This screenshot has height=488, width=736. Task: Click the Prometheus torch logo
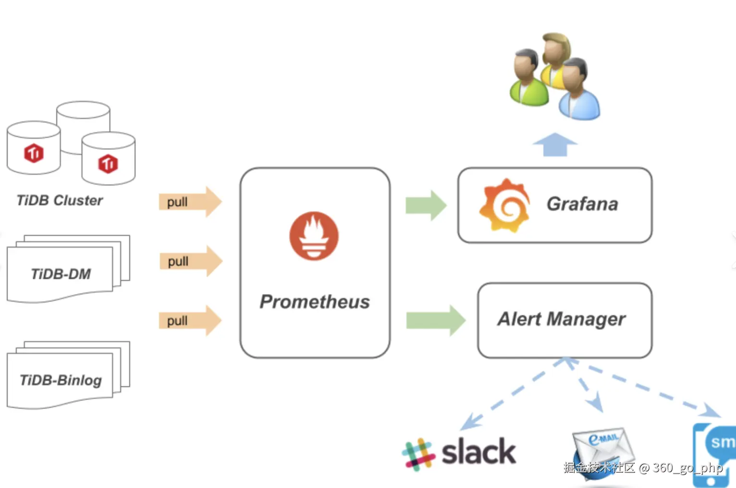(x=314, y=236)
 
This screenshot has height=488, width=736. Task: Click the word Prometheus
(x=315, y=302)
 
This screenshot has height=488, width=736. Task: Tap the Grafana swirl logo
(x=505, y=205)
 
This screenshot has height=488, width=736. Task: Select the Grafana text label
(x=582, y=204)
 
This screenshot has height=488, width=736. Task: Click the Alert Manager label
(x=562, y=319)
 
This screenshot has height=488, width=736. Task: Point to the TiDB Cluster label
(x=60, y=200)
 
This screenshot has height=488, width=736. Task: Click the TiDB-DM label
(x=61, y=274)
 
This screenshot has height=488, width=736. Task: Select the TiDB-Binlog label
(x=61, y=380)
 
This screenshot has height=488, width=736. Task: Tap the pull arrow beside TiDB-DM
(x=191, y=261)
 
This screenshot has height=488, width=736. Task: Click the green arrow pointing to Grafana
(x=426, y=205)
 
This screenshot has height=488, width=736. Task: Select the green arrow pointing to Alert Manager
(x=436, y=320)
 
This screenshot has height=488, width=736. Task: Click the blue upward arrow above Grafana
(x=555, y=145)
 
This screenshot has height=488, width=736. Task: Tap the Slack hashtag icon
(x=418, y=454)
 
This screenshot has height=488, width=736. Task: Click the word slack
(x=478, y=451)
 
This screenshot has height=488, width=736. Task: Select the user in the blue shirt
(x=579, y=89)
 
